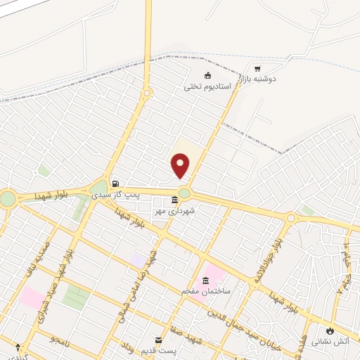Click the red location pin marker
(x=181, y=166)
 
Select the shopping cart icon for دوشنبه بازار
(x=257, y=69)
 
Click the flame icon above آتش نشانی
(x=329, y=330)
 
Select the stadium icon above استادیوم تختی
(x=207, y=76)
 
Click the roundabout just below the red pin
(x=184, y=193)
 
